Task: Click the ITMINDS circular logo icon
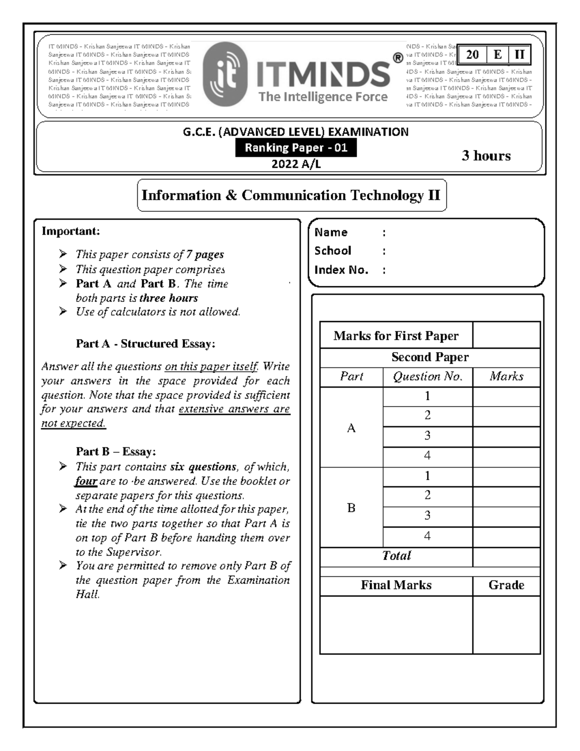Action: pos(225,74)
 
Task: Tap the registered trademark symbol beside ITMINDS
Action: pos(397,59)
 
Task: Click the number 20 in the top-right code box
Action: pos(472,55)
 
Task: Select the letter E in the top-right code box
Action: pos(497,55)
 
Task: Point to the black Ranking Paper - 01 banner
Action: pos(296,148)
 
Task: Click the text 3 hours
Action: pos(486,156)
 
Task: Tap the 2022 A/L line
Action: pos(296,164)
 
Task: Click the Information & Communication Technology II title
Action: pos(291,195)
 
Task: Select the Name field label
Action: pos(331,233)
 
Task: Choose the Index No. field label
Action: pos(341,270)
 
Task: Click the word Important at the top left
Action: pos(71,231)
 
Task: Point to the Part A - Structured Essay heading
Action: pos(145,344)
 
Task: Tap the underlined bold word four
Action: pos(86,481)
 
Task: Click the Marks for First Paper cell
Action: pos(396,336)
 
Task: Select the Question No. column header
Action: pos(427,377)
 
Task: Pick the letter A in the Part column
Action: pos(351,428)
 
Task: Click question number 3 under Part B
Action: pos(427,515)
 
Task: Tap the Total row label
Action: pos(396,556)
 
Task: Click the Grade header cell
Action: pos(506,585)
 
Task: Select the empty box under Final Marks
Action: pos(396,624)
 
